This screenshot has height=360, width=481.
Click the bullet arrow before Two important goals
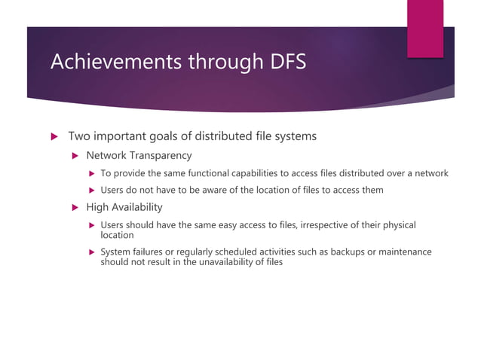(54, 137)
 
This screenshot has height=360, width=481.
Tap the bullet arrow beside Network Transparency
(75, 157)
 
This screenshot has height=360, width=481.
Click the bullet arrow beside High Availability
(75, 207)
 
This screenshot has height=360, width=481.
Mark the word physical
(397, 224)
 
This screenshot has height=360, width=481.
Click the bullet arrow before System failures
(92, 252)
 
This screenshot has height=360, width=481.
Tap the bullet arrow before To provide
(92, 174)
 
